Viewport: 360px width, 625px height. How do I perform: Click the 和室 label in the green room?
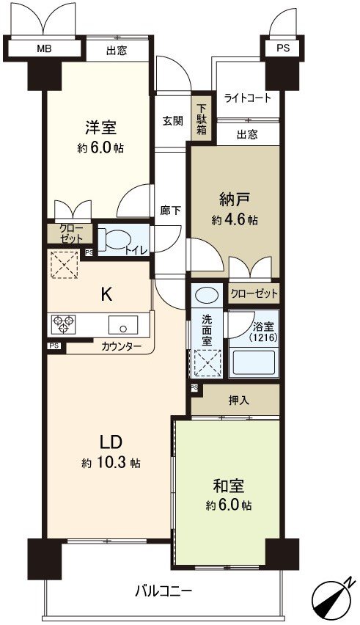[227, 486]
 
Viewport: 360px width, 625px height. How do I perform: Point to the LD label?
[110, 442]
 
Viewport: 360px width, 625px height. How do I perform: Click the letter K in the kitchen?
[106, 294]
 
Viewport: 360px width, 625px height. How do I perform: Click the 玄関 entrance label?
[173, 121]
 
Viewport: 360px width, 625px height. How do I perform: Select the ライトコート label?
[247, 98]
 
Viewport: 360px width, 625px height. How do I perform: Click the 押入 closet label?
[239, 401]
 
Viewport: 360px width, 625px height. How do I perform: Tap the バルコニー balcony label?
[164, 591]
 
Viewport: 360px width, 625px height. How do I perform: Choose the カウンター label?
[122, 346]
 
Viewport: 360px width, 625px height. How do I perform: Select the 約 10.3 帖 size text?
[111, 464]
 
